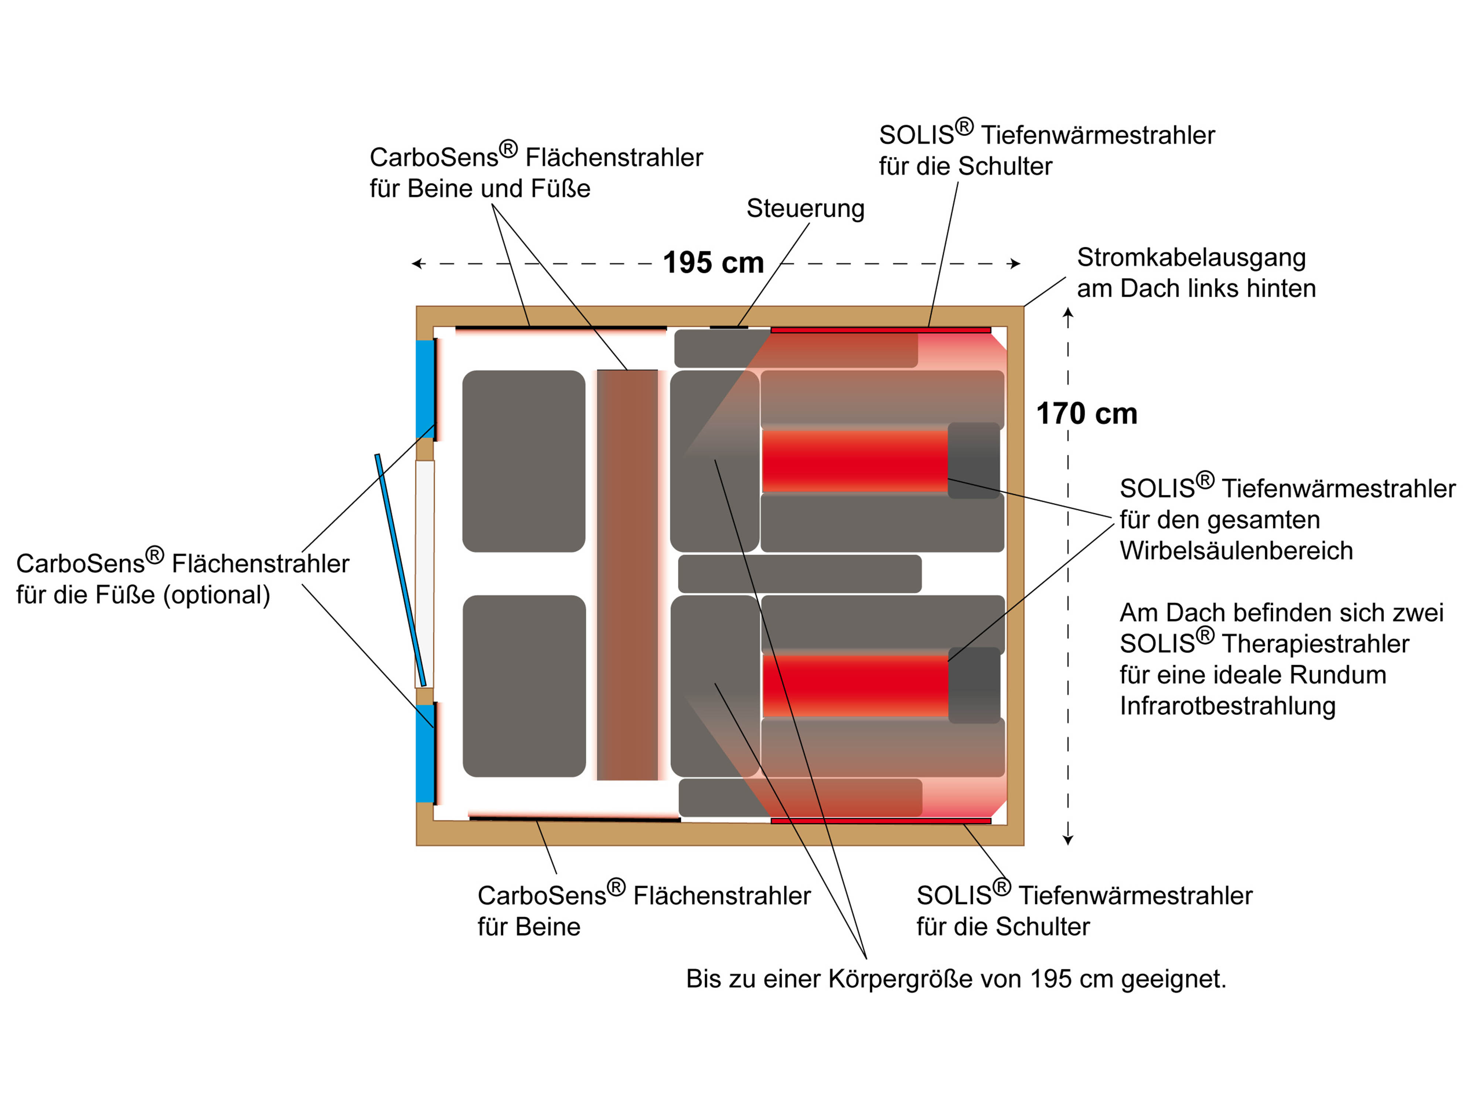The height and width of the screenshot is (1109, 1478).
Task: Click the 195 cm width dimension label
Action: click(713, 263)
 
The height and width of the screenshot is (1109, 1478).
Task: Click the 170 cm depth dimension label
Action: click(1086, 414)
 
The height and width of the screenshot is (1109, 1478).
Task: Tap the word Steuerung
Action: click(805, 208)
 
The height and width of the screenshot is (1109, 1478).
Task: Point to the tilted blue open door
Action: click(400, 570)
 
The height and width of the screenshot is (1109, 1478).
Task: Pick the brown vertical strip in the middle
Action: click(627, 575)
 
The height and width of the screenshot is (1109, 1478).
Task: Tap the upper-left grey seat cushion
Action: click(524, 461)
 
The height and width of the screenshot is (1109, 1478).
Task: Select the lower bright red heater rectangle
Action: click(855, 686)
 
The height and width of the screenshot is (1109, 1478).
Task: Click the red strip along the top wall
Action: click(880, 330)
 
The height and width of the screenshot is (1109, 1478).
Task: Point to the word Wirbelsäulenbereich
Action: click(1236, 551)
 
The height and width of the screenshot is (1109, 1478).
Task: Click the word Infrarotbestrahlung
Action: click(1227, 706)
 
